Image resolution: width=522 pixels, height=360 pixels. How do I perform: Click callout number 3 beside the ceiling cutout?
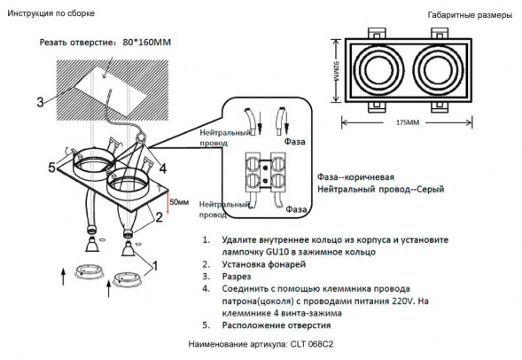tap(40, 102)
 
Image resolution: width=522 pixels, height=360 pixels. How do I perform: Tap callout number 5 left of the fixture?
tap(52, 167)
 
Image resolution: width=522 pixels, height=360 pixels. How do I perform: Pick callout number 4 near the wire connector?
tap(162, 168)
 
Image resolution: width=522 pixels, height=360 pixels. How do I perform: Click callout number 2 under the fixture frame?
tap(160, 215)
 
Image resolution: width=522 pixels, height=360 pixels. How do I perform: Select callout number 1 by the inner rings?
tap(156, 264)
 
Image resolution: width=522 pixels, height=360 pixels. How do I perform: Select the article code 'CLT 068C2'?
tap(316, 343)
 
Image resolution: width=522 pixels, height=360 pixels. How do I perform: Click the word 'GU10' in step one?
tap(281, 253)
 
